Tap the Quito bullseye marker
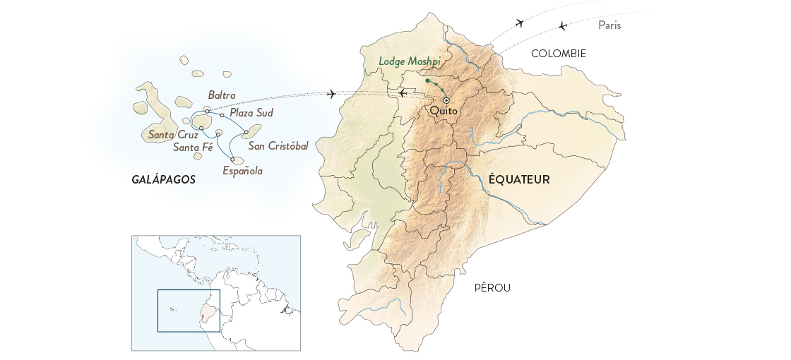point(446,100)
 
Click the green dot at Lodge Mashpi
point(427,81)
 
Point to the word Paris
point(609,25)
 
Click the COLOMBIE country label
point(559,53)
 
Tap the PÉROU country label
point(492,287)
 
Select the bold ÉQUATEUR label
point(518,180)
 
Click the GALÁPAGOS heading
point(163,180)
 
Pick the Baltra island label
point(222,95)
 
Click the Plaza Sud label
point(251,112)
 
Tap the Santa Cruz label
point(169,134)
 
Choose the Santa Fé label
point(193,147)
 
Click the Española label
point(242,170)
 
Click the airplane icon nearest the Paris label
point(563,26)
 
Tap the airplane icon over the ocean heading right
point(331,95)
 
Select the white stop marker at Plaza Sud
point(222,115)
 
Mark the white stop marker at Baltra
point(207,110)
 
